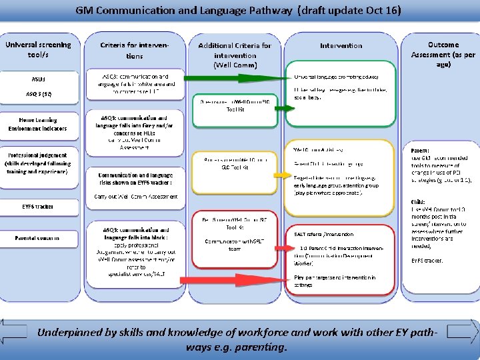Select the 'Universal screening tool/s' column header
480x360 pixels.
(x=38, y=50)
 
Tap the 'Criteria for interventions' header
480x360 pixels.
(x=135, y=50)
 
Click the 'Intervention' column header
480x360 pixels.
(x=341, y=46)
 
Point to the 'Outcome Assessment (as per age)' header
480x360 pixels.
(x=443, y=50)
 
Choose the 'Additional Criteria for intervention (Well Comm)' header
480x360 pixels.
(x=235, y=55)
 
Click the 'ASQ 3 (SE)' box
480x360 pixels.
(x=38, y=94)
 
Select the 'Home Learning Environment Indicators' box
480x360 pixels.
(x=38, y=123)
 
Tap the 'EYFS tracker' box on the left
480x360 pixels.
(x=38, y=207)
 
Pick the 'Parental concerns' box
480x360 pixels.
(x=38, y=237)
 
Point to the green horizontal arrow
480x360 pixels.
(x=233, y=78)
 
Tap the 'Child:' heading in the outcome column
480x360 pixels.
(x=417, y=201)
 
